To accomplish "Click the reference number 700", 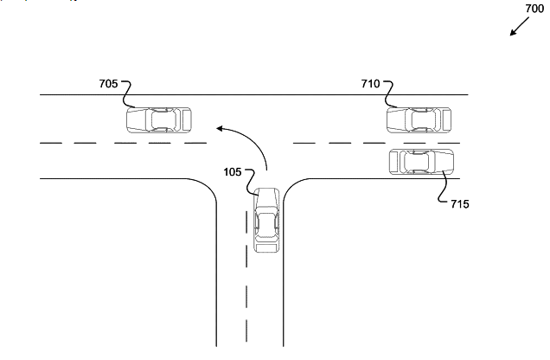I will [534, 10].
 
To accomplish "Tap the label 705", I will [109, 85].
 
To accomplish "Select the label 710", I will [370, 85].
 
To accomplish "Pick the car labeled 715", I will [421, 160].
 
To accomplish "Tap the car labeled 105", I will [267, 221].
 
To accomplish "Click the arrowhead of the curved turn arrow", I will [220, 130].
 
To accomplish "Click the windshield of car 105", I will [267, 205].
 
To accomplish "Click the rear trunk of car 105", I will [267, 246].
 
